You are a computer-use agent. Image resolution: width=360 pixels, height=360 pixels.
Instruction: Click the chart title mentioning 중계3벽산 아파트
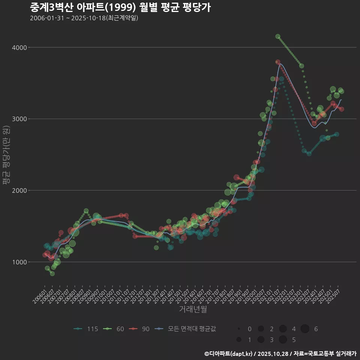(120, 7)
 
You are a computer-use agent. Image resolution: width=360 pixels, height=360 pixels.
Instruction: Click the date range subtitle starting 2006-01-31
(84, 18)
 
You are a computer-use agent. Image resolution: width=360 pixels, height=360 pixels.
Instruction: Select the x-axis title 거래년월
(193, 309)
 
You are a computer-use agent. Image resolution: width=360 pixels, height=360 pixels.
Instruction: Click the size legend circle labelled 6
(304, 329)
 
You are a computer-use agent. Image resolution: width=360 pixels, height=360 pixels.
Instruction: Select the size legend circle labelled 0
(239, 329)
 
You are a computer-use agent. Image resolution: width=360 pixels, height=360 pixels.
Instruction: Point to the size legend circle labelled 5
(283, 340)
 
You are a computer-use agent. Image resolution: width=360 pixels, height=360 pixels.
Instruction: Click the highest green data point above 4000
(278, 36)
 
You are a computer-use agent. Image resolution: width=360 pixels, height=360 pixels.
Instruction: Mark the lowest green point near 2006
(52, 274)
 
